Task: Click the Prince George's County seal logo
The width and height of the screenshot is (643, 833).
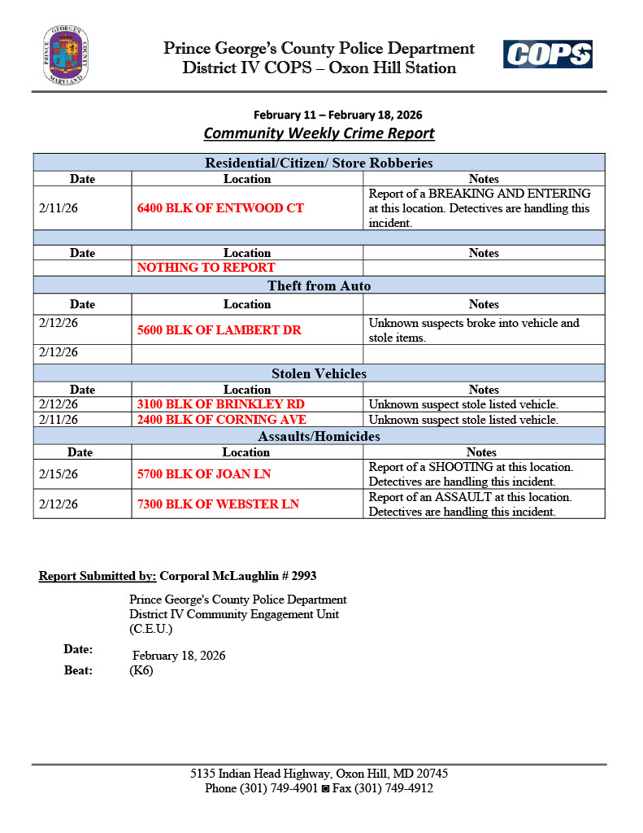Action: pyautogui.click(x=66, y=55)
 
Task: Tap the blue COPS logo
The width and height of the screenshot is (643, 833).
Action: pyautogui.click(x=547, y=55)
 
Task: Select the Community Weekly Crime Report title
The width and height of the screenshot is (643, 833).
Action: pyautogui.click(x=319, y=133)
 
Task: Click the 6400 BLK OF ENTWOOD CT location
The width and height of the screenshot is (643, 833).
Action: pyautogui.click(x=220, y=208)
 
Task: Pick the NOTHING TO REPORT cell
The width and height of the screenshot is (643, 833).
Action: pyautogui.click(x=206, y=268)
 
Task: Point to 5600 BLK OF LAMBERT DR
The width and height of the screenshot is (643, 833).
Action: pyautogui.click(x=219, y=330)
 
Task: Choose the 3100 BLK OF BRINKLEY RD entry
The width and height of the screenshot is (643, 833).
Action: pyautogui.click(x=221, y=404)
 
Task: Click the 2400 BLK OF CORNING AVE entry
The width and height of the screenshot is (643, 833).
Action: pyautogui.click(x=222, y=420)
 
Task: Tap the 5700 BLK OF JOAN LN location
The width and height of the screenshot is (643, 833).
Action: pyautogui.click(x=204, y=474)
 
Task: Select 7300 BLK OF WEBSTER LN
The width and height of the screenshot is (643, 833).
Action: pyautogui.click(x=218, y=504)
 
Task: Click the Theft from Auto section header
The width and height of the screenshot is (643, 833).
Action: pyautogui.click(x=319, y=286)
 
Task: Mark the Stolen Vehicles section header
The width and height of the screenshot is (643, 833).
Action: pyautogui.click(x=319, y=374)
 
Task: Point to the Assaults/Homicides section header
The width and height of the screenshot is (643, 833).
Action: pyautogui.click(x=319, y=437)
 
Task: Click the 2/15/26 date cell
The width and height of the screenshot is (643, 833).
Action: pyautogui.click(x=59, y=474)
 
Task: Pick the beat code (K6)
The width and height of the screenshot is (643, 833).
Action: pyautogui.click(x=141, y=671)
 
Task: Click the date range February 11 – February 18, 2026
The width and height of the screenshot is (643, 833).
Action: pyautogui.click(x=337, y=115)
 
